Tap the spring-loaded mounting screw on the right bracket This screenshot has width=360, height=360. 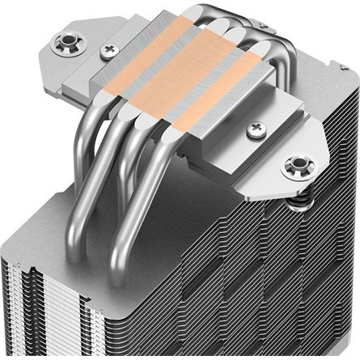point(294,167)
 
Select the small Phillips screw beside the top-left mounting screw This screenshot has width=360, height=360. point(108,50)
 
